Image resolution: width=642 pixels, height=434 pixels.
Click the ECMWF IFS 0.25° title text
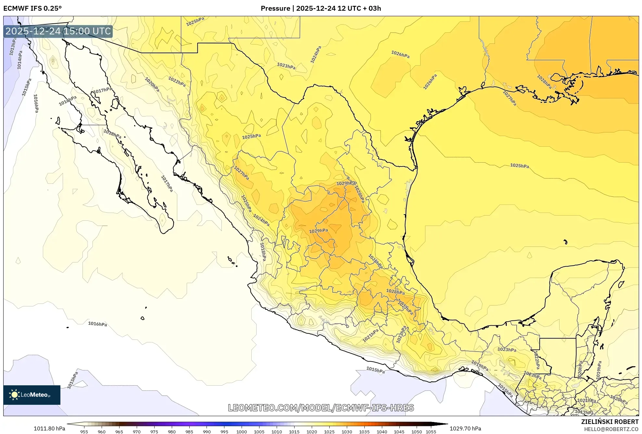point(32,8)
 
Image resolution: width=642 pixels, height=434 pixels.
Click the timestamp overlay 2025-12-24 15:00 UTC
point(58,31)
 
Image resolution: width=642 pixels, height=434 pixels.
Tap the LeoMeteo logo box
point(32,395)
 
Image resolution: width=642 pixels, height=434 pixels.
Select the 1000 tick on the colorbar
point(242,431)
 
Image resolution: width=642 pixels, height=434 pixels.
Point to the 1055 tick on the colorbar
point(431,431)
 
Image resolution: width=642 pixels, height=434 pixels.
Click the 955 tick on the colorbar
point(84,431)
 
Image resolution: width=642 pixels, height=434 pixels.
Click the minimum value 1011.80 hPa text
point(49,428)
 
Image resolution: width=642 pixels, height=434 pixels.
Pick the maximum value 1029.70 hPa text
point(465,428)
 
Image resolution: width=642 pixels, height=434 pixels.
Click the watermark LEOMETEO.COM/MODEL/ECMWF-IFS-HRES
point(321,408)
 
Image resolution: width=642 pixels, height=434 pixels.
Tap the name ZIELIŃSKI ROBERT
point(610,422)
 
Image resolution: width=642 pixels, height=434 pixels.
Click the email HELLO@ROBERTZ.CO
point(611,429)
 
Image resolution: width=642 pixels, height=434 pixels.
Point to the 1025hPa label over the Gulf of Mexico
point(519,166)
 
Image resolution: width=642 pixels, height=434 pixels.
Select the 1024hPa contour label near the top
point(316,55)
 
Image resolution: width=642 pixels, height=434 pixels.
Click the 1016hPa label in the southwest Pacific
point(97,324)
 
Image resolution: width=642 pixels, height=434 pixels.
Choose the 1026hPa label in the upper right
point(400,55)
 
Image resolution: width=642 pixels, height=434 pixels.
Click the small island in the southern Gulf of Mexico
point(565,242)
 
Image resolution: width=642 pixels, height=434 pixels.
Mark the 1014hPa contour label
point(20,60)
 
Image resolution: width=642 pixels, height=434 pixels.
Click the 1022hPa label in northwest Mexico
point(177,81)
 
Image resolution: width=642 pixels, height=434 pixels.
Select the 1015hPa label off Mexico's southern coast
point(375,370)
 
